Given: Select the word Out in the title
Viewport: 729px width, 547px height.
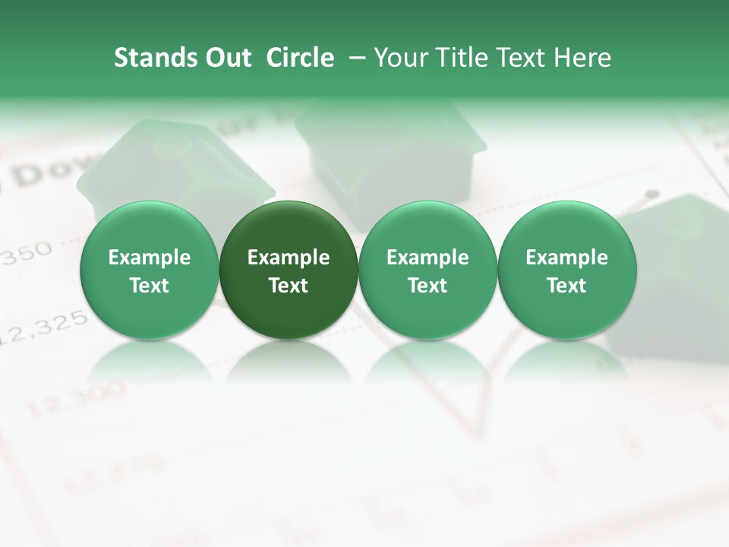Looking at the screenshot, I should [226, 58].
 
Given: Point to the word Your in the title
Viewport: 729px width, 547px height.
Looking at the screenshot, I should [399, 58].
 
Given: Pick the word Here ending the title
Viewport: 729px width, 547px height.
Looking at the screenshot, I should [584, 58].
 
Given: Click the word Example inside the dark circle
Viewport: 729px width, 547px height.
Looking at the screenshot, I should [289, 258].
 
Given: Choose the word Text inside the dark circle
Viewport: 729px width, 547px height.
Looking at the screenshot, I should [289, 286].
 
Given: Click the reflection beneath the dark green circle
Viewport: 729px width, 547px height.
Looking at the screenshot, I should [289, 361].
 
